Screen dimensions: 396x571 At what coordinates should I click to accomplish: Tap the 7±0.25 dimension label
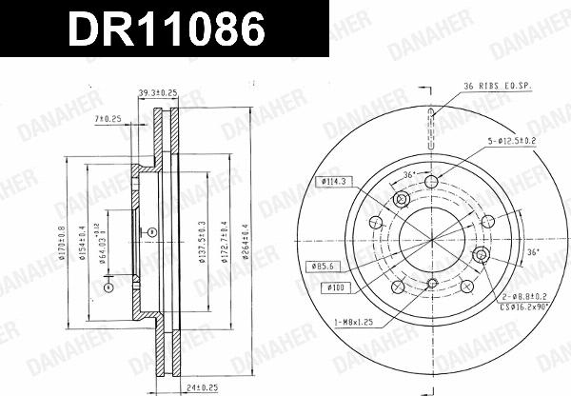click(108, 118)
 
